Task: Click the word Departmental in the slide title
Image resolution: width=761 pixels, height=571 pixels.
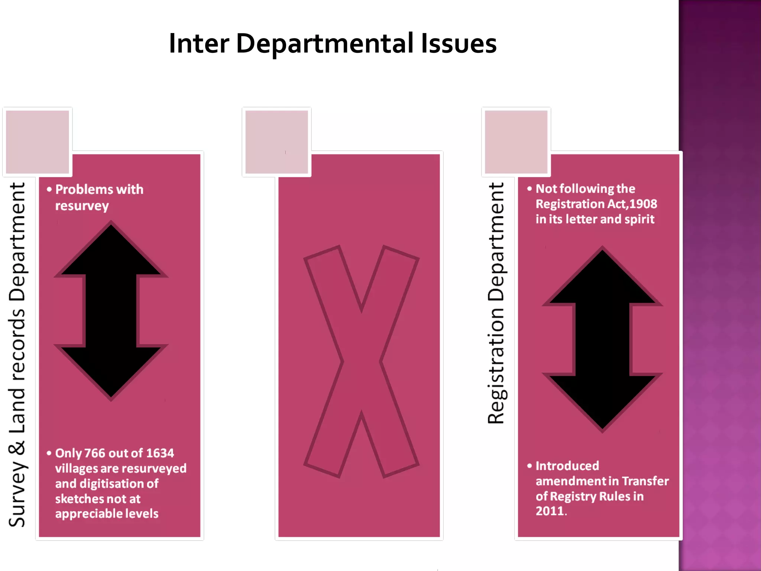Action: (324, 43)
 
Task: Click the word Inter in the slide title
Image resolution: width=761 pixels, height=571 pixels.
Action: (198, 43)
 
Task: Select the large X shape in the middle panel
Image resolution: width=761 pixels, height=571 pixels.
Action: (361, 361)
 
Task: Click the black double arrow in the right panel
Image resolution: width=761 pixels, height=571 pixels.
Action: (602, 339)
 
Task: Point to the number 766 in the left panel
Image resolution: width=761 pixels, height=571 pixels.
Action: (95, 453)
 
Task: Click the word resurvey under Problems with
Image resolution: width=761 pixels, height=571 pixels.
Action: (82, 206)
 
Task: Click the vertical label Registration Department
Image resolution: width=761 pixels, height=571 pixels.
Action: (496, 303)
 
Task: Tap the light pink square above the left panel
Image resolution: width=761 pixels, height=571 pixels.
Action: (38, 142)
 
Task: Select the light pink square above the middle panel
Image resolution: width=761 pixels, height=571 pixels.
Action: (277, 142)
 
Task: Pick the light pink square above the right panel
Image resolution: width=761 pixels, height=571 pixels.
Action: (516, 142)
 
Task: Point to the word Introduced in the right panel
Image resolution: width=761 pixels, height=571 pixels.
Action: (567, 466)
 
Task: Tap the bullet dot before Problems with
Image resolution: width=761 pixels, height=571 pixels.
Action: (49, 189)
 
